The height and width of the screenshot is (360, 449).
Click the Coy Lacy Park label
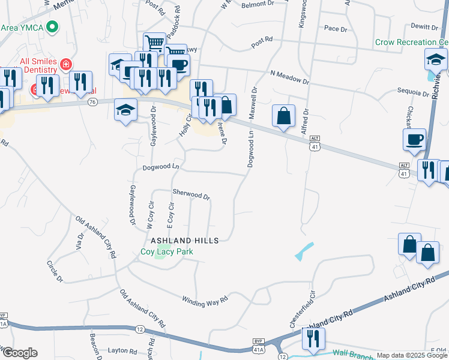167,252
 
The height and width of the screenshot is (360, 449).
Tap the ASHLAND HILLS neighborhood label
184,240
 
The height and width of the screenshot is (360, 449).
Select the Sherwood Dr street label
191,195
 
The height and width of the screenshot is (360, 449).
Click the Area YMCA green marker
52,27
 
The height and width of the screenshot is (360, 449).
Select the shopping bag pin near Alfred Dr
283,116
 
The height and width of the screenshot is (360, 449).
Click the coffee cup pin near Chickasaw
414,140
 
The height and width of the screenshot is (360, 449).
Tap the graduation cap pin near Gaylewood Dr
125,110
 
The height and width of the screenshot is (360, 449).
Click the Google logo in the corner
19,353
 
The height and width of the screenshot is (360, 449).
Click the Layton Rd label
122,351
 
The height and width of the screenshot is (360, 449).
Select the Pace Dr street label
336,29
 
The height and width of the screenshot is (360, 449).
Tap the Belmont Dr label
257,4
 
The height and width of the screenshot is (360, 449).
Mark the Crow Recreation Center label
412,43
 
